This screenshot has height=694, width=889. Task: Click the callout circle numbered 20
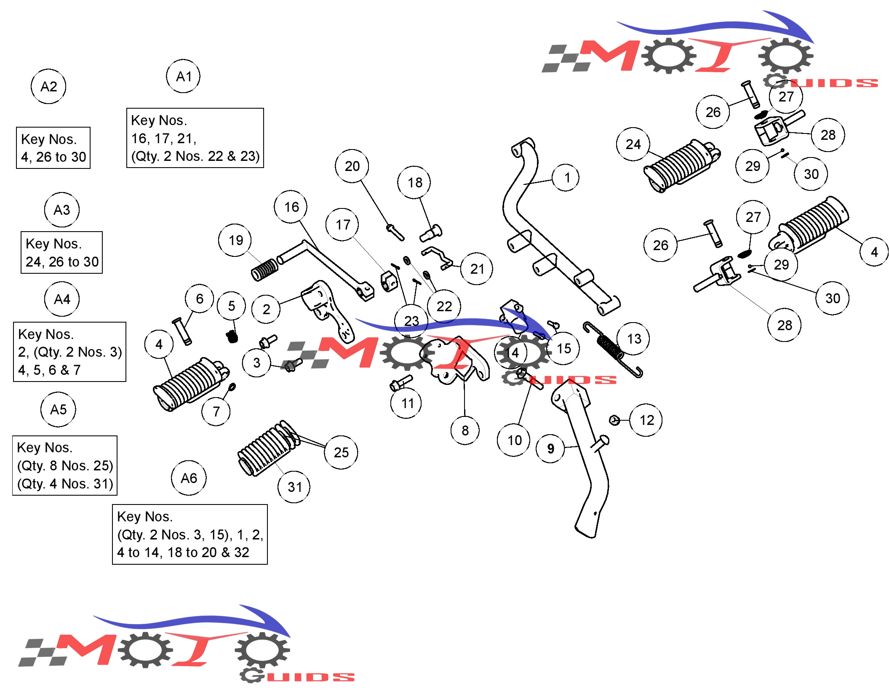(352, 166)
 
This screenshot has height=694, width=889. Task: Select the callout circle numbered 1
(566, 178)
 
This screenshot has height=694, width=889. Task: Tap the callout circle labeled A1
(183, 76)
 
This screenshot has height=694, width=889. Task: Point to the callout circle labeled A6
(189, 478)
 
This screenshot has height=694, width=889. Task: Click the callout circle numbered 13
(633, 339)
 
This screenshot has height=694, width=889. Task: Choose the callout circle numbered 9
(550, 449)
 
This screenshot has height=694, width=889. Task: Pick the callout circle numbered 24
(633, 144)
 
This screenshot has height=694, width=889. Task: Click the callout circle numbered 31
(294, 487)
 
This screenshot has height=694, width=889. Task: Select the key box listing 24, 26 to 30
(61, 252)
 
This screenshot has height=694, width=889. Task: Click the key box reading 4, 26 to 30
(53, 148)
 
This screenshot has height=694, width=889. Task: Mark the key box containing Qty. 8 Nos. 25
(65, 465)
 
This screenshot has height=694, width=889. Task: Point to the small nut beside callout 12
(614, 420)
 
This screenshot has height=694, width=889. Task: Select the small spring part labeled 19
(264, 270)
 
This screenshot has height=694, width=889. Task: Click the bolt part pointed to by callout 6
(182, 331)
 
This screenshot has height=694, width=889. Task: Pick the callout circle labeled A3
(61, 210)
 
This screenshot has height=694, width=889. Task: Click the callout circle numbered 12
(646, 420)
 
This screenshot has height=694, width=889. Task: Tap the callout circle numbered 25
(341, 452)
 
